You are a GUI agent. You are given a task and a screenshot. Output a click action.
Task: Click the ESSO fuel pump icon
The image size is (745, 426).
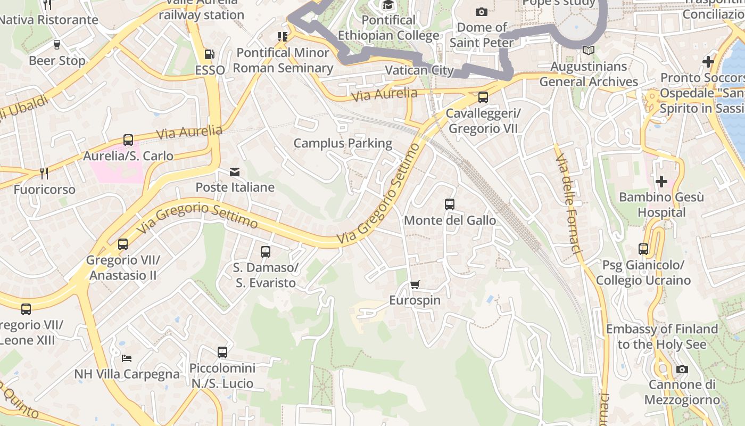click(210, 54)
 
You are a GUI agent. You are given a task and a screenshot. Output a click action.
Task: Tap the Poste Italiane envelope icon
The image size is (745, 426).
click(235, 172)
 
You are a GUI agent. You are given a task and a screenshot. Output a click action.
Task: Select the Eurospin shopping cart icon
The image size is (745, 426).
click(415, 285)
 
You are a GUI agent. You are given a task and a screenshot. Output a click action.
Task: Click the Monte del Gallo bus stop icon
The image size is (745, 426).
click(450, 204)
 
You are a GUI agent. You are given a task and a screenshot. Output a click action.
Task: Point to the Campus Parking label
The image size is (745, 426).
click(343, 143)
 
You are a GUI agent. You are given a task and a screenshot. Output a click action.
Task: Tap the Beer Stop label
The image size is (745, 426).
click(57, 61)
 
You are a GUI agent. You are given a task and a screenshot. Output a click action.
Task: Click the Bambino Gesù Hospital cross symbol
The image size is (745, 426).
click(661, 182)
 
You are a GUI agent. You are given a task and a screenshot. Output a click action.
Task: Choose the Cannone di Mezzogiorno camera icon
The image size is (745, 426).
click(682, 369)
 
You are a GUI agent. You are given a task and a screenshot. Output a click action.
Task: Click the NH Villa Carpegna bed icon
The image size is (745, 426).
click(127, 358)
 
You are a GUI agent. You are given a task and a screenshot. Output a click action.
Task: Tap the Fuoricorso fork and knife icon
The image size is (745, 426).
click(44, 174)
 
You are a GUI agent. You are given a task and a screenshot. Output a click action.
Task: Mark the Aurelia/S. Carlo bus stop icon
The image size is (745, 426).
click(128, 140)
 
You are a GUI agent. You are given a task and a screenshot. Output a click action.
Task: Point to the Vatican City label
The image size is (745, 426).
click(419, 70)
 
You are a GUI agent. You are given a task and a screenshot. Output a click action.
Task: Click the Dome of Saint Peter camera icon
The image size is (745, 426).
click(481, 12)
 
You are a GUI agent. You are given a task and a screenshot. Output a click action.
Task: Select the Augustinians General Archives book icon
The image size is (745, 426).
click(588, 51)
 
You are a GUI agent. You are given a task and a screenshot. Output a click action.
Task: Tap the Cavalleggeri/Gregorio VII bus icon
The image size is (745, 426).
click(483, 97)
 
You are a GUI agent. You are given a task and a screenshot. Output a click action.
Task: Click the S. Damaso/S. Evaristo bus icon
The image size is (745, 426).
click(265, 252)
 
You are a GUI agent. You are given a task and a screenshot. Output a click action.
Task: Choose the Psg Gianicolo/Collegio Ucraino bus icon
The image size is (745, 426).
click(643, 249)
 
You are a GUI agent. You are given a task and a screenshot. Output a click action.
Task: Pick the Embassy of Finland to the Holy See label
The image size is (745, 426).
click(662, 337)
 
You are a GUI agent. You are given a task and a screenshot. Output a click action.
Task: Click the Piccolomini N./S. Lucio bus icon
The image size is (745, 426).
click(222, 353)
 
